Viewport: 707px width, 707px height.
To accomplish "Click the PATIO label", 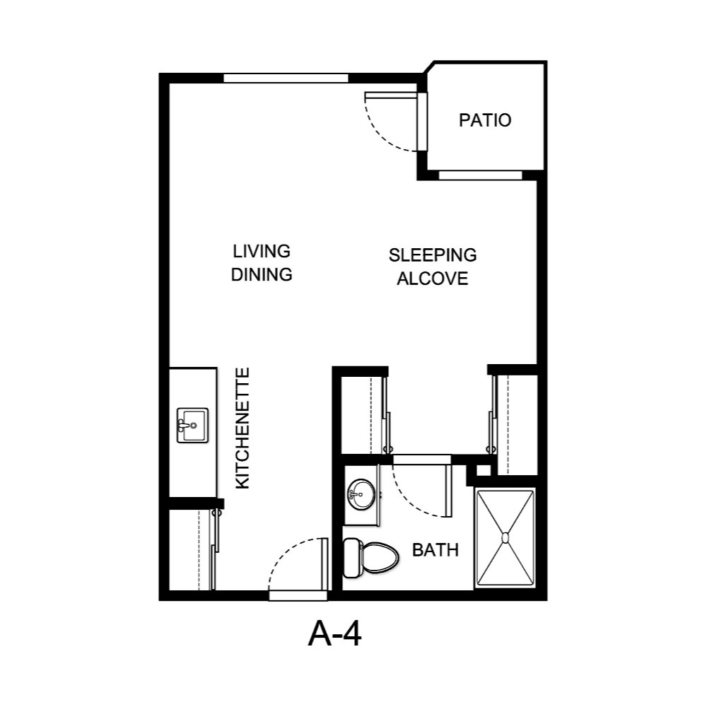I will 485,120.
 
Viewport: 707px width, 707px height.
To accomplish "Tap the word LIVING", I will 262,252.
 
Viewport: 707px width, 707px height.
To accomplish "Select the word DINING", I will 262,274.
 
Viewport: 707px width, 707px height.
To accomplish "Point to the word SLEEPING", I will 433,255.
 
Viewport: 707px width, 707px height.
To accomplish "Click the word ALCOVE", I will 433,279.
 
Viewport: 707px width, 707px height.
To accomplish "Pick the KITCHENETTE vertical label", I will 243,428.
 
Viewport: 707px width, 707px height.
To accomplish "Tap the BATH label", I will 436,549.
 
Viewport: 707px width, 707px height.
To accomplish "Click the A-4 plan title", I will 335,634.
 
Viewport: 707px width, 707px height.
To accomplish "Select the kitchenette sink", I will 192,425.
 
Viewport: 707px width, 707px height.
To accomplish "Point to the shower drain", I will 506,538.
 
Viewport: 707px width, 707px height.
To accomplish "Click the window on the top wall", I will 287,78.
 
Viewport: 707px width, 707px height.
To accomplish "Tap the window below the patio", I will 480,175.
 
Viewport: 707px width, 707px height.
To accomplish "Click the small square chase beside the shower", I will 483,470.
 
